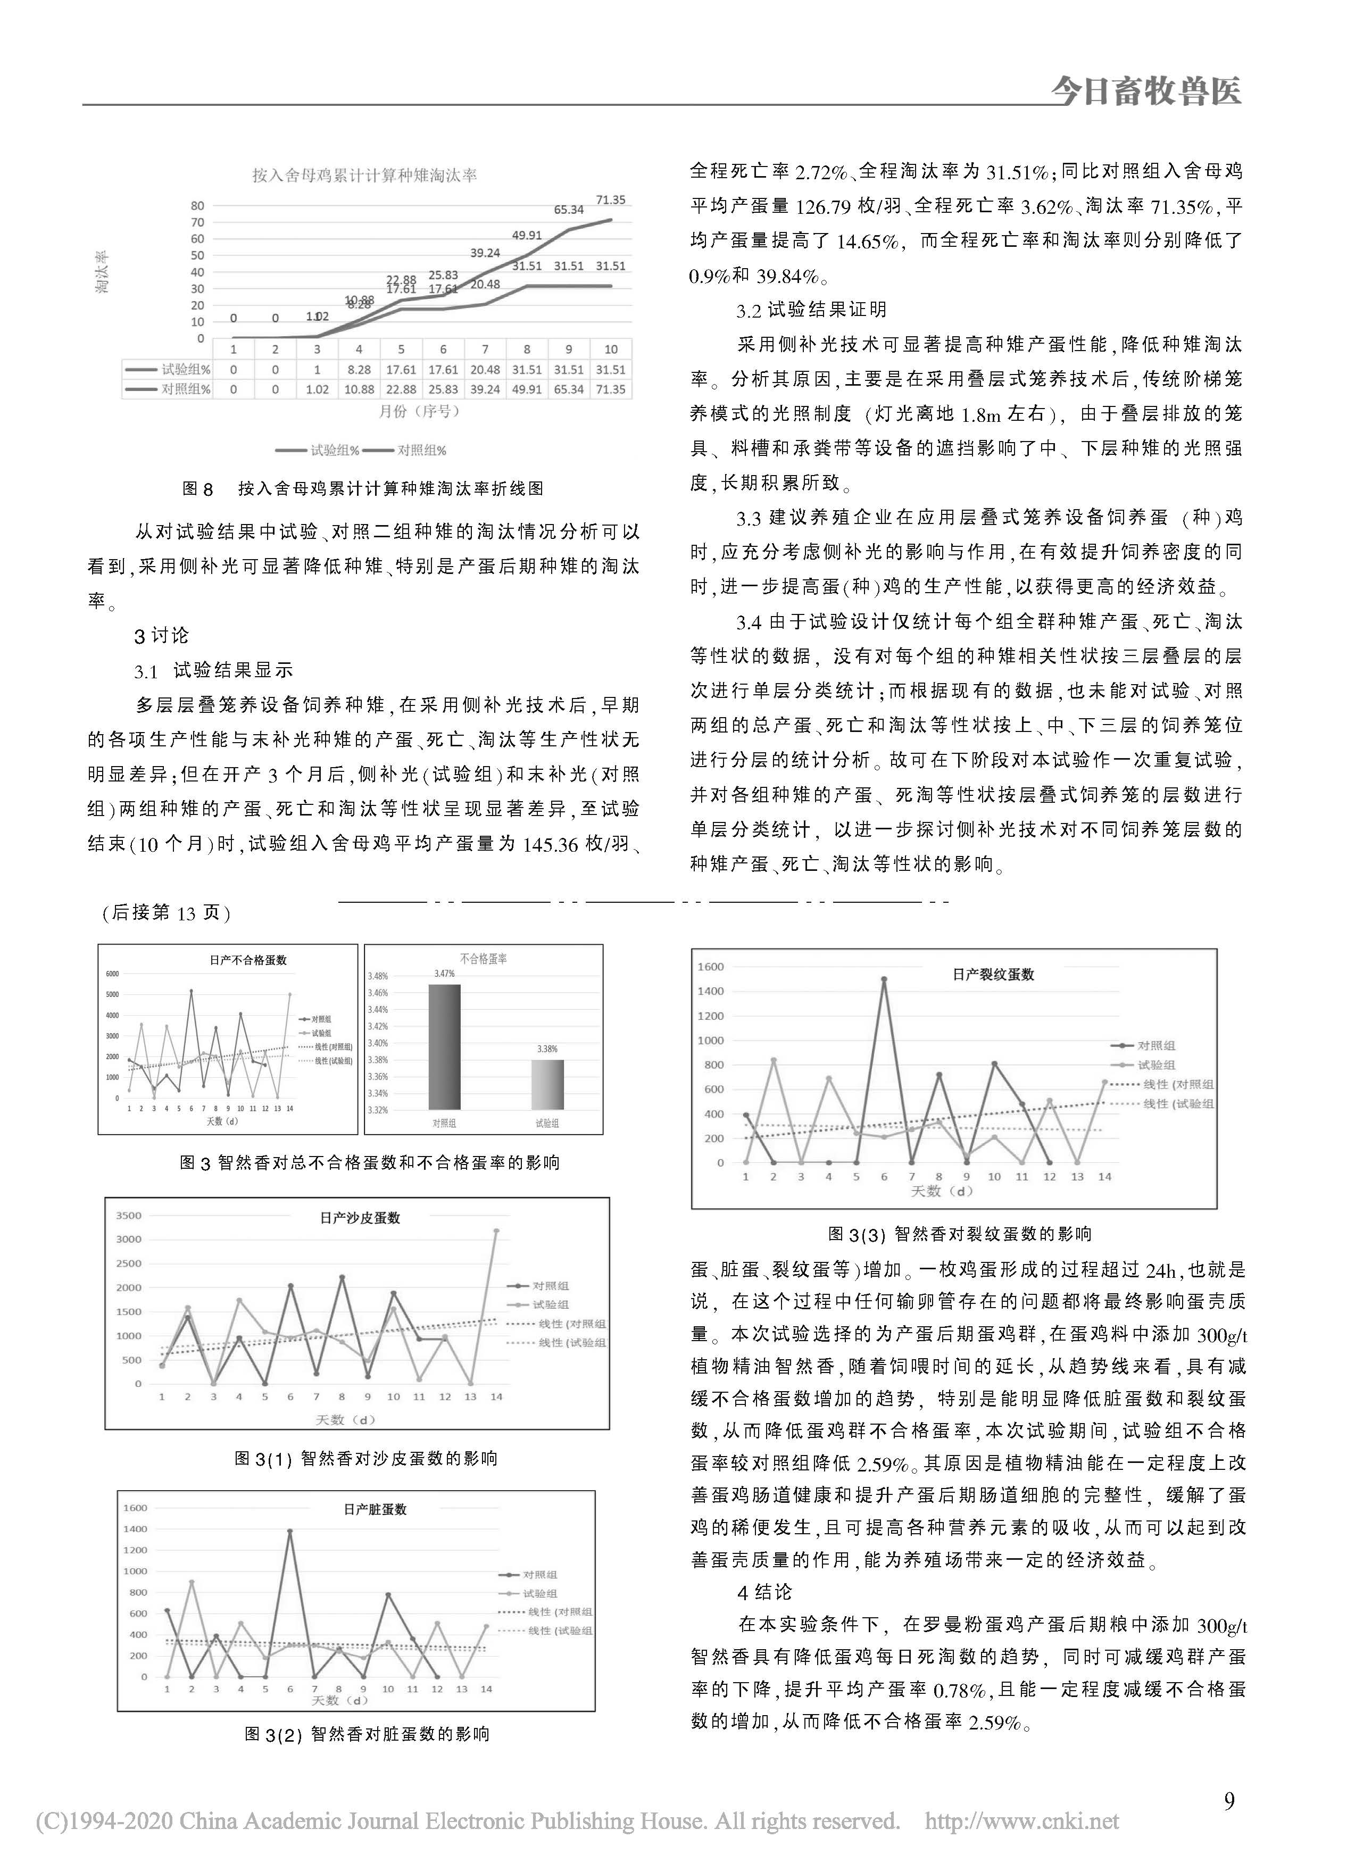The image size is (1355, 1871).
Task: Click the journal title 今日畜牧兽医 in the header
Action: pyautogui.click(x=1145, y=92)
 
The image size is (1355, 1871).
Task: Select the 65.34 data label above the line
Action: pyautogui.click(x=569, y=210)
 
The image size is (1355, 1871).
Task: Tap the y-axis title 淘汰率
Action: pyautogui.click(x=103, y=272)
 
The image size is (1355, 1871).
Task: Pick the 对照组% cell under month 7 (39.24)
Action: pyautogui.click(x=485, y=389)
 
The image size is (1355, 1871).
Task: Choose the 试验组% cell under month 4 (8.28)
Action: pyautogui.click(x=359, y=370)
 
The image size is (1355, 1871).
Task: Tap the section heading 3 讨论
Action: pyautogui.click(x=162, y=635)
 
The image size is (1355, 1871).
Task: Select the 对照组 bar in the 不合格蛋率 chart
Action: pyautogui.click(x=444, y=1047)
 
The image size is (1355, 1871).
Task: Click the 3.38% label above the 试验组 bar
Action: pyautogui.click(x=547, y=1049)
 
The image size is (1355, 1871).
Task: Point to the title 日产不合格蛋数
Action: pyautogui.click(x=248, y=960)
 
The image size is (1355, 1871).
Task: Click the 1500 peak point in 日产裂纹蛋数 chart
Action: pyautogui.click(x=884, y=980)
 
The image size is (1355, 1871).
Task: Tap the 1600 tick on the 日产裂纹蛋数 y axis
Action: pyautogui.click(x=711, y=967)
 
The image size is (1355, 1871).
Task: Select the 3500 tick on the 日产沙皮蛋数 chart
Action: pyautogui.click(x=130, y=1215)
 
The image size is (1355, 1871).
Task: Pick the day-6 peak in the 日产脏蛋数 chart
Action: pyautogui.click(x=289, y=1531)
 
